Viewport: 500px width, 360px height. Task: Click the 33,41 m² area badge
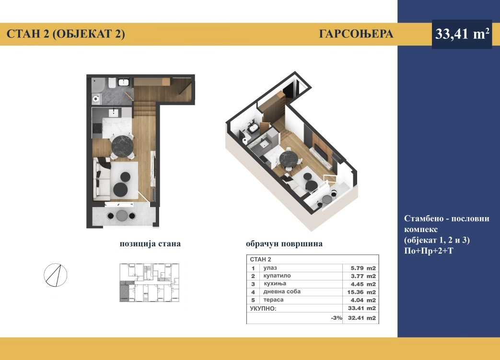click(x=462, y=34)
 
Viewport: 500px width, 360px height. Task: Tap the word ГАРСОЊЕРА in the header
click(x=356, y=34)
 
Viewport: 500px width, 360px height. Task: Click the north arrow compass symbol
click(x=56, y=275)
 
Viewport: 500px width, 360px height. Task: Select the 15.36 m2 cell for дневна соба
click(x=361, y=292)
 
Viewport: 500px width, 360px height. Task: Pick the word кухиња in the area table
click(x=275, y=284)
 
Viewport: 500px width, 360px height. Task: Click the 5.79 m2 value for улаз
click(x=363, y=268)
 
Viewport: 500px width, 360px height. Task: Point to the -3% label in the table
click(x=337, y=318)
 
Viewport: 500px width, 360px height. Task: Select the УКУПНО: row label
click(x=263, y=308)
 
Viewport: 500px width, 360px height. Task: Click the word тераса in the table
click(x=273, y=300)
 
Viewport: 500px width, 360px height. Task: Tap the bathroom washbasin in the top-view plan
click(x=123, y=82)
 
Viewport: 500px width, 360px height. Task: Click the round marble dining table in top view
click(x=122, y=147)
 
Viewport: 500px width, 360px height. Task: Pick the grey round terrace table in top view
click(x=121, y=216)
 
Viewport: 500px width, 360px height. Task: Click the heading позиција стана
click(x=150, y=244)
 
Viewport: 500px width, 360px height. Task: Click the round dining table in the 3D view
click(x=289, y=159)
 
